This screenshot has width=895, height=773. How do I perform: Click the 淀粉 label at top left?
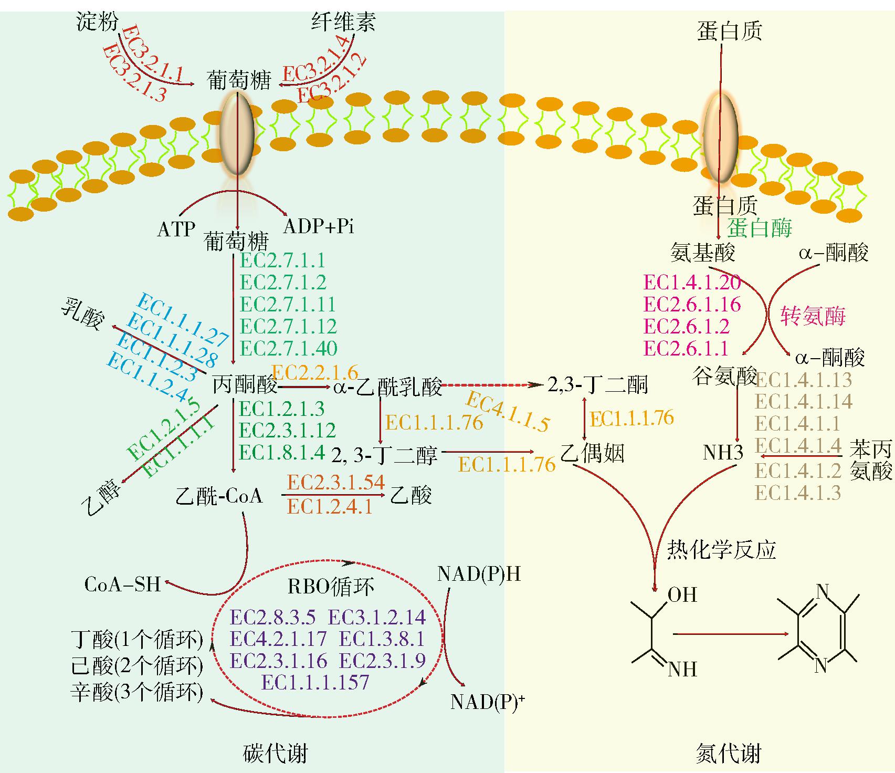pos(98,22)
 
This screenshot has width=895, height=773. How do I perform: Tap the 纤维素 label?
pos(344,22)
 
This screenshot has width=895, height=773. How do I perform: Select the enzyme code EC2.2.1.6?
pos(315,373)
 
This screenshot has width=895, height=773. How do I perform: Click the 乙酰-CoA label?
pos(219,495)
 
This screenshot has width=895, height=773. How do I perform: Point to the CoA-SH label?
pos(123,584)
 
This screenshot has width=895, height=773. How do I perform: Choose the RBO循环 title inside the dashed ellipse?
pos(331,586)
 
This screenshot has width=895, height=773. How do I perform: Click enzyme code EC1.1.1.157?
pos(315,682)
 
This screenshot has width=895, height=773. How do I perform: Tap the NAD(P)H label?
pos(479,574)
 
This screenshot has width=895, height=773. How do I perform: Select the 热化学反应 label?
pos(721,550)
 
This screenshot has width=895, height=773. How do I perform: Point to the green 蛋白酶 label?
pos(760,227)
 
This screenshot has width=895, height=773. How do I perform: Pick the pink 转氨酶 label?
pos(813,316)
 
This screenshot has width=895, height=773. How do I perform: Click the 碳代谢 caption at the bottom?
pos(276,754)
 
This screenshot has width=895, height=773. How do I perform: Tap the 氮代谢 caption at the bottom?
pos(728,754)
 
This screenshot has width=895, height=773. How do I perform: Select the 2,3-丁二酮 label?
pos(598,385)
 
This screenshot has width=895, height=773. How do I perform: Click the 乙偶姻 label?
pos(593,453)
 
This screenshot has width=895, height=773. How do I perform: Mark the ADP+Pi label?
pos(319,226)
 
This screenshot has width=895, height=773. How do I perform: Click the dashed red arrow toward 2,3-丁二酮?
pos(490,385)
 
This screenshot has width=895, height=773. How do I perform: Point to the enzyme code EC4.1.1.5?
pos(508,411)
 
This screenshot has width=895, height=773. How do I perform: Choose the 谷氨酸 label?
pos(725,376)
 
